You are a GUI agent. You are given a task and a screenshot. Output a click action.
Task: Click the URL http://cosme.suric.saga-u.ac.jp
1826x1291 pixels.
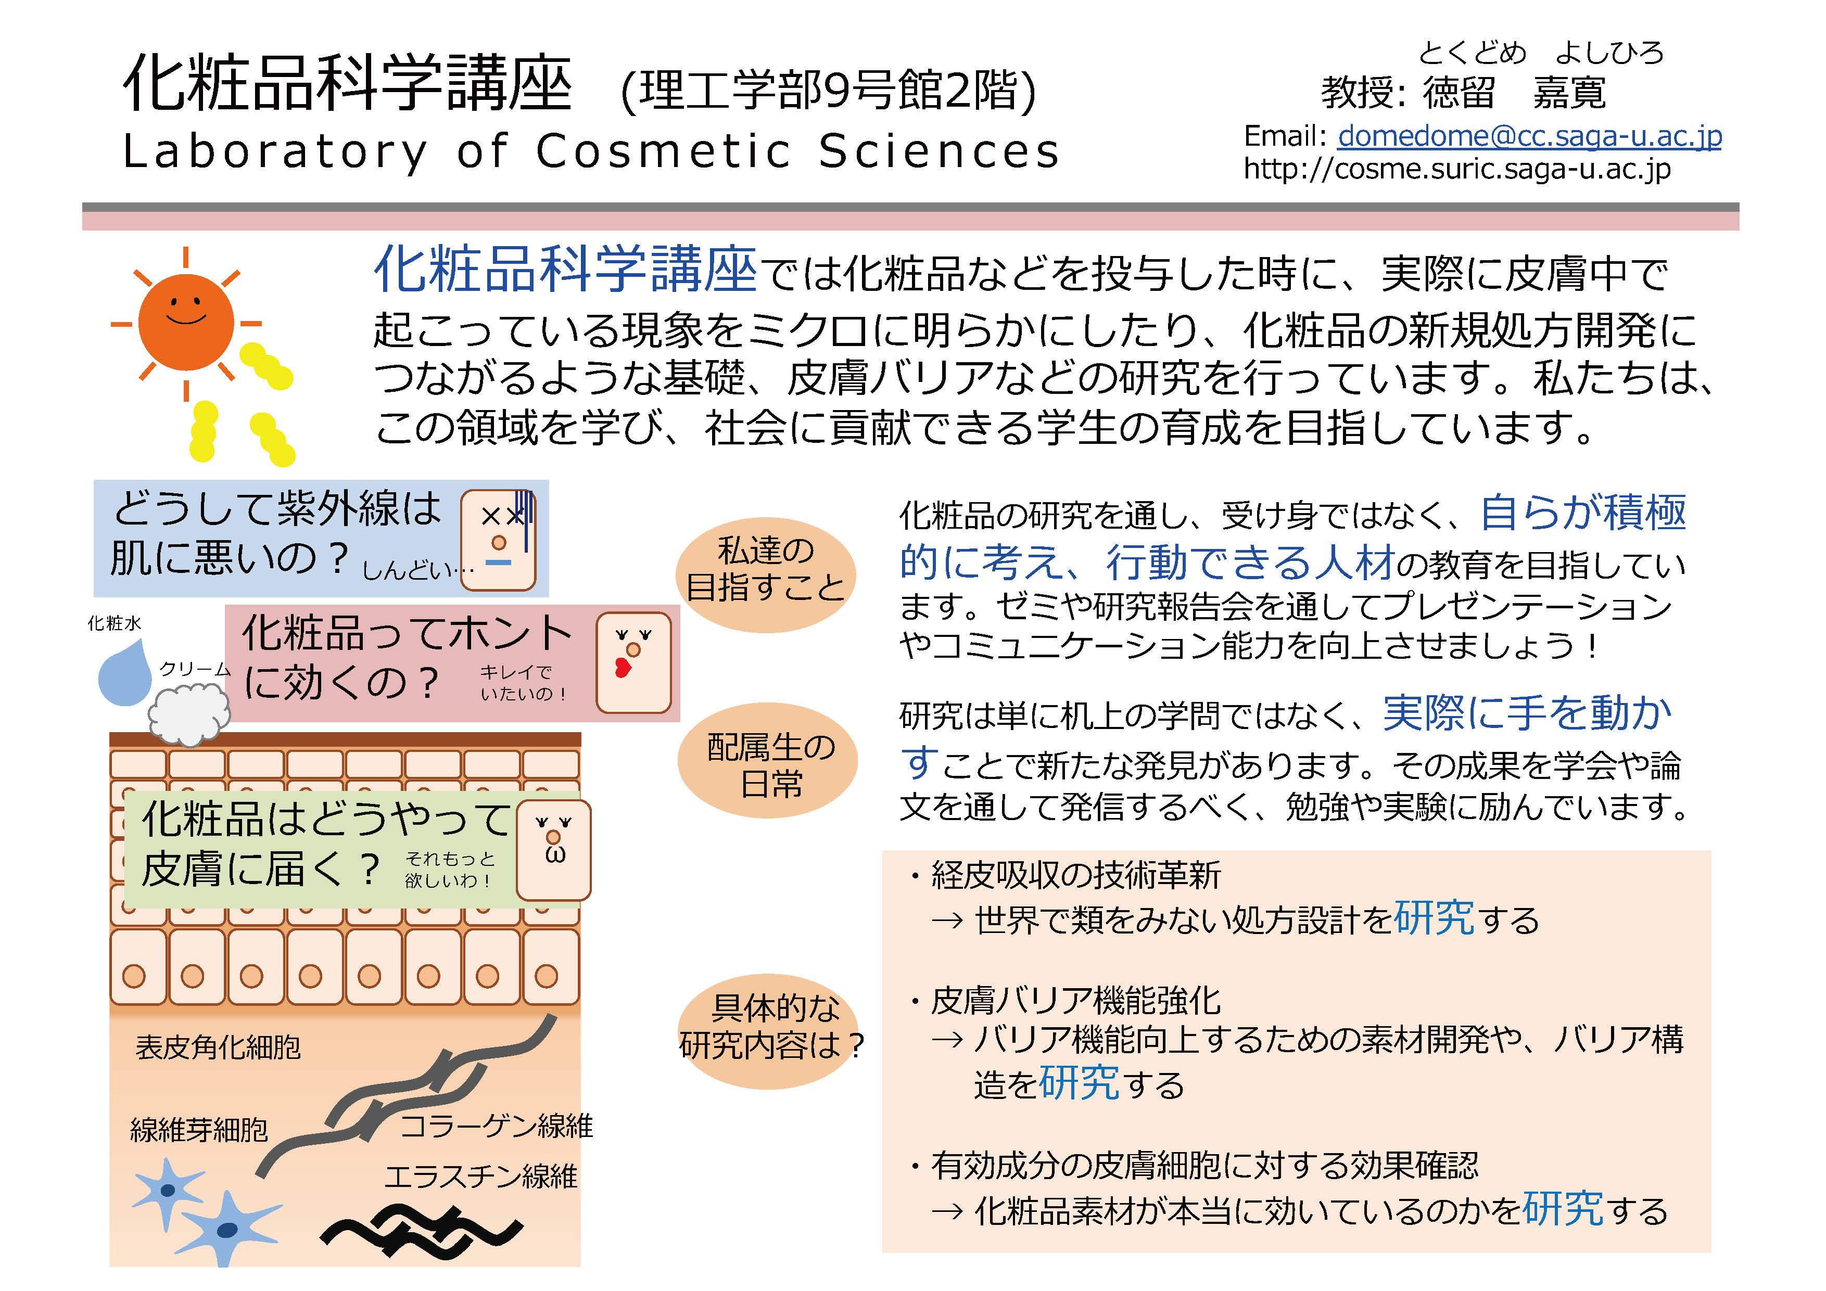pos(1457,169)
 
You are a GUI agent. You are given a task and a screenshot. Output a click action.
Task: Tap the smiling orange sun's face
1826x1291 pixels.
pos(186,322)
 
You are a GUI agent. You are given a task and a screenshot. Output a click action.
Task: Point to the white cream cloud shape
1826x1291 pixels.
pos(189,716)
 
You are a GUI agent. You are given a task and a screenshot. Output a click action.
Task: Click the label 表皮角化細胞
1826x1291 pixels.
pos(218,1047)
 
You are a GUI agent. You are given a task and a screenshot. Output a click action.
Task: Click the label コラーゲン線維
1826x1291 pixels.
pos(496,1126)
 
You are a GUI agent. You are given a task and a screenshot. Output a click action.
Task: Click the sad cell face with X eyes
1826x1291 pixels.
pos(499,540)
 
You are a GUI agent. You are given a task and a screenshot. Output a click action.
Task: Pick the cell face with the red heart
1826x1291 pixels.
pos(634,662)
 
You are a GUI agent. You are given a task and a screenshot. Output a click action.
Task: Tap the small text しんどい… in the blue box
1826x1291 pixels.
pos(417,569)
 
